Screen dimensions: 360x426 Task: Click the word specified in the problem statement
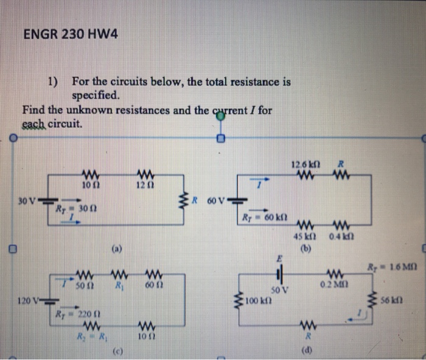tap(96, 96)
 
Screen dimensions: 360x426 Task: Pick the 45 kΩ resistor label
tap(304, 237)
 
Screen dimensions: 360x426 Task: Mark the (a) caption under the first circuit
tap(116, 249)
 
